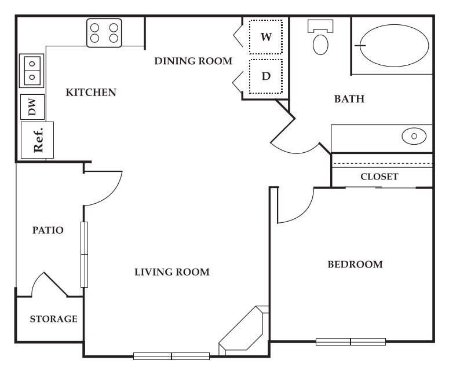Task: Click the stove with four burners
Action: pyautogui.click(x=104, y=33)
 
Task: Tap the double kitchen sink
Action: pyautogui.click(x=31, y=69)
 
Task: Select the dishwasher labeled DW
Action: pyautogui.click(x=32, y=106)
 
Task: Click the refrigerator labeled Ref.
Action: pyautogui.click(x=38, y=139)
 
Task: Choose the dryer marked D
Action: pyautogui.click(x=266, y=76)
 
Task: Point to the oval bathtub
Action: pyautogui.click(x=394, y=45)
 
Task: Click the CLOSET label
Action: pyautogui.click(x=379, y=177)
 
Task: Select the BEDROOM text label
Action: pyautogui.click(x=355, y=265)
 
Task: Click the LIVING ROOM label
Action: pyautogui.click(x=171, y=272)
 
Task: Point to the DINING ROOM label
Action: pyautogui.click(x=193, y=61)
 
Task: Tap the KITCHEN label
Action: pyautogui.click(x=91, y=93)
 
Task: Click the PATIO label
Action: pyautogui.click(x=48, y=230)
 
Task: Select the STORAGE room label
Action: pyautogui.click(x=53, y=319)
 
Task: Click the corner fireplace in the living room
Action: pyautogui.click(x=244, y=330)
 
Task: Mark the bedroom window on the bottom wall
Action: pyautogui.click(x=351, y=341)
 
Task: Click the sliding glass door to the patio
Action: pyautogui.click(x=85, y=255)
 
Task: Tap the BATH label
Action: pyautogui.click(x=349, y=99)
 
